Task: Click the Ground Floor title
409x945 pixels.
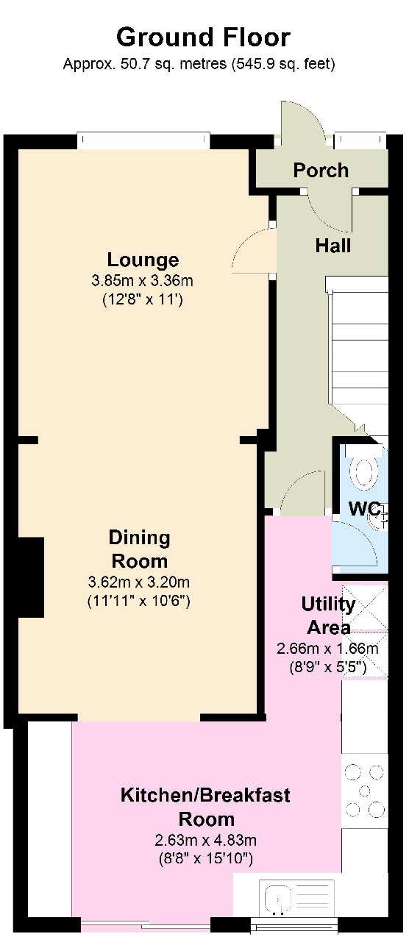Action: (x=203, y=38)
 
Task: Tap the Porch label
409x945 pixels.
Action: (x=321, y=170)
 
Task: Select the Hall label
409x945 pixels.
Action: (x=333, y=246)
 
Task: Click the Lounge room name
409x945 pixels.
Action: (x=143, y=260)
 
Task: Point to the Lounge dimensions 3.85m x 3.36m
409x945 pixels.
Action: (x=142, y=280)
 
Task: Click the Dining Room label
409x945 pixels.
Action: (x=139, y=549)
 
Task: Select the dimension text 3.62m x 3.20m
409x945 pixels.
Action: (x=139, y=582)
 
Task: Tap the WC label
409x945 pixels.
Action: (x=365, y=508)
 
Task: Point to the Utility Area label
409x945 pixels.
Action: (x=328, y=616)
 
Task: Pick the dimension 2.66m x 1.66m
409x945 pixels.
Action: (x=327, y=649)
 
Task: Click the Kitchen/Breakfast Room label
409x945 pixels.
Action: (x=205, y=807)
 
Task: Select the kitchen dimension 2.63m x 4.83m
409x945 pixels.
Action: (x=205, y=841)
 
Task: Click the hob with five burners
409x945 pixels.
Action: (x=365, y=791)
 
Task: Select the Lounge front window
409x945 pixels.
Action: (x=143, y=141)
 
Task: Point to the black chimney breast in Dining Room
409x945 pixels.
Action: (x=31, y=577)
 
